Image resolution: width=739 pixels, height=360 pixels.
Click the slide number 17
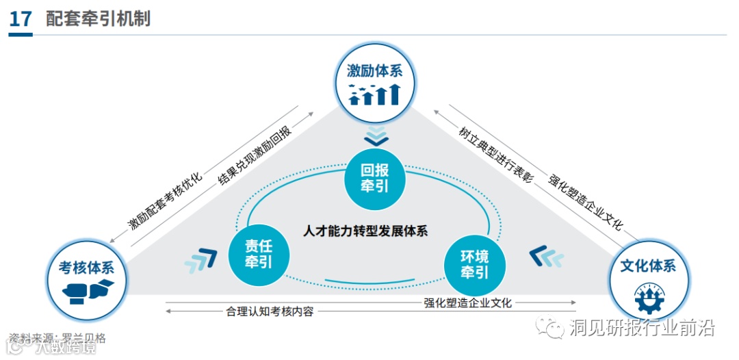pyautogui.click(x=21, y=18)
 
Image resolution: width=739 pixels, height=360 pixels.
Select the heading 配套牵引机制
pyautogui.click(x=98, y=18)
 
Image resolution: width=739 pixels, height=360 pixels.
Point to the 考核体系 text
pyautogui.click(x=86, y=267)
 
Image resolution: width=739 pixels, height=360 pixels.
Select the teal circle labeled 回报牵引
pyautogui.click(x=374, y=178)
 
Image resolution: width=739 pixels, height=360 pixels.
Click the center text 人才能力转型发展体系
pyautogui.click(x=365, y=230)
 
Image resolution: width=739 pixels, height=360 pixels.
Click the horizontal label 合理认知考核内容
pyautogui.click(x=270, y=311)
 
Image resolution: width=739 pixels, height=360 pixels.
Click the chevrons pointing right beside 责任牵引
pyautogui.click(x=200, y=259)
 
